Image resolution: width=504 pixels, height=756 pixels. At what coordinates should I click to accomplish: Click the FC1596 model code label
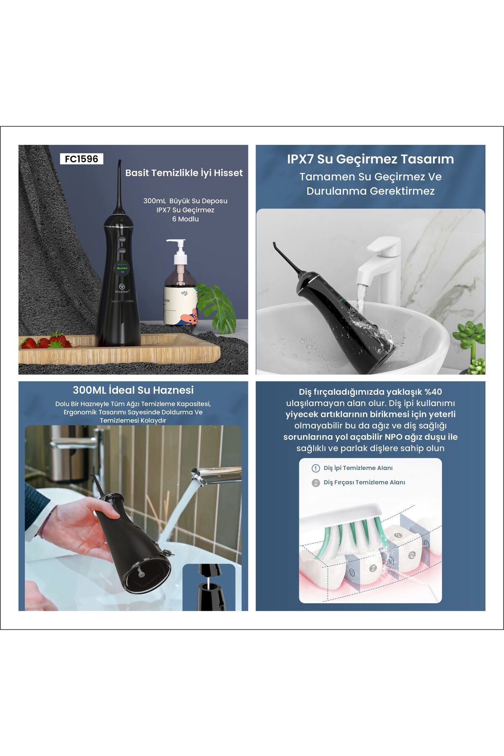pyautogui.click(x=81, y=159)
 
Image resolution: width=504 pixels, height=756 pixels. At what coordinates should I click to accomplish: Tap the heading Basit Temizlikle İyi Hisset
pyautogui.click(x=184, y=173)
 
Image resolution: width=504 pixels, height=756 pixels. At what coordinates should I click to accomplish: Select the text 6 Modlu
pyautogui.click(x=185, y=219)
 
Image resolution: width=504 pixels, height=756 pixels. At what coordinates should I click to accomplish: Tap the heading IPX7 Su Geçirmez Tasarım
pyautogui.click(x=370, y=159)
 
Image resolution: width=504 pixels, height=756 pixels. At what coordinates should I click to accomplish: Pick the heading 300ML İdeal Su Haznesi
pyautogui.click(x=133, y=390)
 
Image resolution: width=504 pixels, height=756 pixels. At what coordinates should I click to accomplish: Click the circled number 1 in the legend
pyautogui.click(x=316, y=468)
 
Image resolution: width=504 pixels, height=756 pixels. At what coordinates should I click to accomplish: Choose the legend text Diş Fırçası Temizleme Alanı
pyautogui.click(x=364, y=483)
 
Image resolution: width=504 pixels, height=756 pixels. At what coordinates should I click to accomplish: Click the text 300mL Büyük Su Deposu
pyautogui.click(x=185, y=201)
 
